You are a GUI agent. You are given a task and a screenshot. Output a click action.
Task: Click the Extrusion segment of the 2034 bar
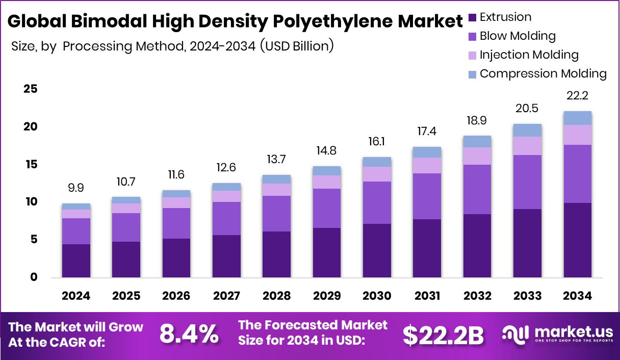[x=577, y=240]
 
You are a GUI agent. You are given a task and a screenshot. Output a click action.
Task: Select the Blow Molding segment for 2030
[x=377, y=202]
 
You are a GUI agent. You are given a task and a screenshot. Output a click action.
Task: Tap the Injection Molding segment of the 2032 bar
[x=477, y=156]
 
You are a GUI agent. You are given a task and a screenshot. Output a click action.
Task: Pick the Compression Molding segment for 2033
[x=527, y=130]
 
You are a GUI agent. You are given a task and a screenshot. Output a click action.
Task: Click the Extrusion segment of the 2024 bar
[x=76, y=260]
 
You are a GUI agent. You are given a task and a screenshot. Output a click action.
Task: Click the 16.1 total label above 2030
[x=377, y=142]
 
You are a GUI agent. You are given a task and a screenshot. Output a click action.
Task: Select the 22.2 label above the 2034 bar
[x=577, y=96]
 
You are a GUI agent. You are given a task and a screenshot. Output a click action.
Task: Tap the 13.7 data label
[x=276, y=160]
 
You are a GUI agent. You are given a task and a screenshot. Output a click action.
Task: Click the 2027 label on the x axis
[x=226, y=296]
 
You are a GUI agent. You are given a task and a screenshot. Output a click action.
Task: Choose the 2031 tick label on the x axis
[x=427, y=296]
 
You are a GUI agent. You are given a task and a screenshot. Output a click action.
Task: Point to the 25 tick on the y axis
[x=31, y=89]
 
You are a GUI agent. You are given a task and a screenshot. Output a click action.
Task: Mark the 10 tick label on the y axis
[x=31, y=202]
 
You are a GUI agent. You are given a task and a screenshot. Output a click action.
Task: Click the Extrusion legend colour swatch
[x=472, y=17]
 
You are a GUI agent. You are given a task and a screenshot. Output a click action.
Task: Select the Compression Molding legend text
[x=543, y=73]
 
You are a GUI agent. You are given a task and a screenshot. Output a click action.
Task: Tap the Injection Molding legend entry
[x=529, y=55]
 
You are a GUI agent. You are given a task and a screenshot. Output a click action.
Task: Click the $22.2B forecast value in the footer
[x=443, y=335]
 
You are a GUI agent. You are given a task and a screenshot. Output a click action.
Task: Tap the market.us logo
[x=556, y=334]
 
